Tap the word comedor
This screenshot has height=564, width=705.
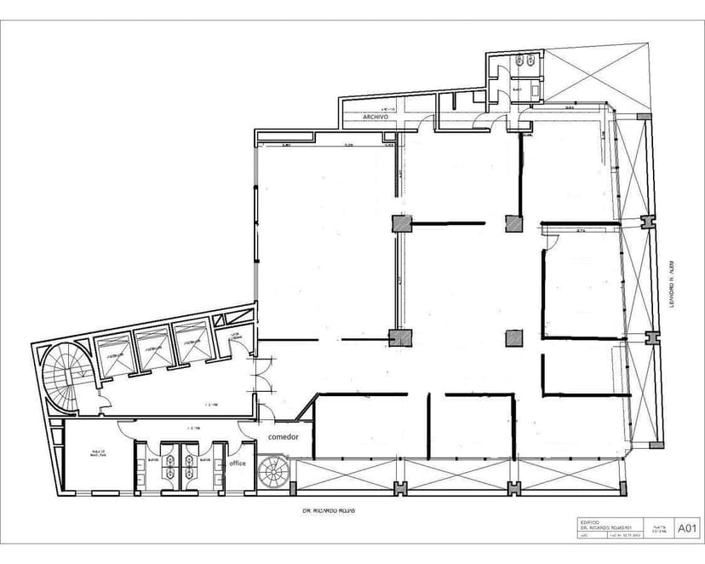tap(283, 435)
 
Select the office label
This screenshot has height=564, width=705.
tap(238, 463)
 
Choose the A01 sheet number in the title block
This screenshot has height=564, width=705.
tap(687, 528)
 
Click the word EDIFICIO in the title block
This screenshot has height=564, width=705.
tap(590, 521)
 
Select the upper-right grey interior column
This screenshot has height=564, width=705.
tap(513, 224)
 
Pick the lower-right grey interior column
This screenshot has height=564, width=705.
tap(513, 337)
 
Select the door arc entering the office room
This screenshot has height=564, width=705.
tap(246, 430)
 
